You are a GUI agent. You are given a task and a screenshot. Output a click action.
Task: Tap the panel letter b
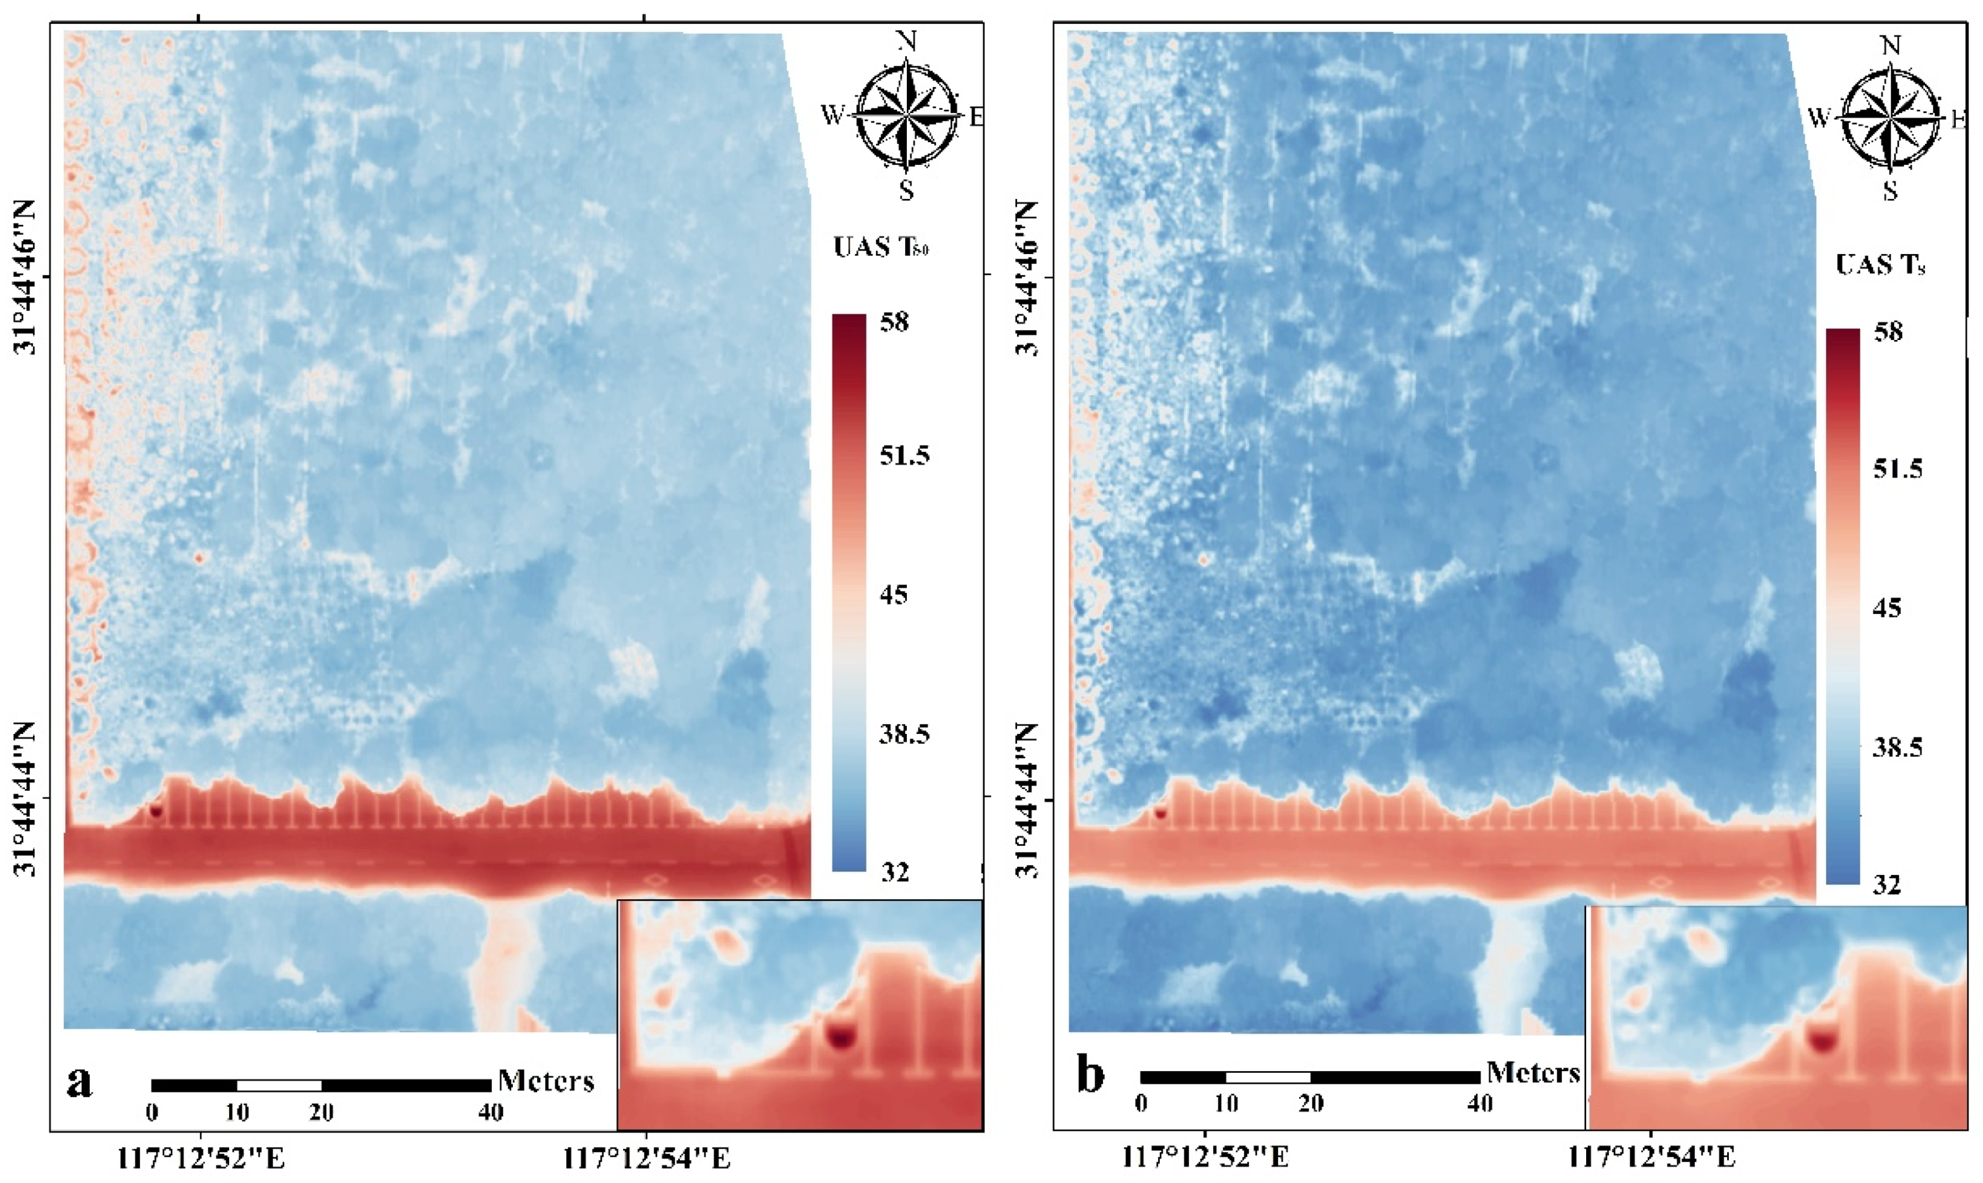point(1090,1075)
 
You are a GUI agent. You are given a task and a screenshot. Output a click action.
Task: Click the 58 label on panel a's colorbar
point(893,323)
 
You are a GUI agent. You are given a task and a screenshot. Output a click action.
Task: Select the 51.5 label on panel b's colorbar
point(1897,469)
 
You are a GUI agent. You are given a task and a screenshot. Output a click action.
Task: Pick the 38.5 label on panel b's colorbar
point(1897,747)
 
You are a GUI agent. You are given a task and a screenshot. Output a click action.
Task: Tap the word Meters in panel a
point(546,1081)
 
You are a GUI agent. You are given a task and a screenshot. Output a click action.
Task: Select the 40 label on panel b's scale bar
point(1480,1104)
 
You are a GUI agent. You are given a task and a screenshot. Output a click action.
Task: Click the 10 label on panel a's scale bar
point(237,1112)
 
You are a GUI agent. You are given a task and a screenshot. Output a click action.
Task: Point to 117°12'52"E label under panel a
point(201,1158)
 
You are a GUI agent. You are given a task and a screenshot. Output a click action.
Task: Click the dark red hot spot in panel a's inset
point(841,1036)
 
